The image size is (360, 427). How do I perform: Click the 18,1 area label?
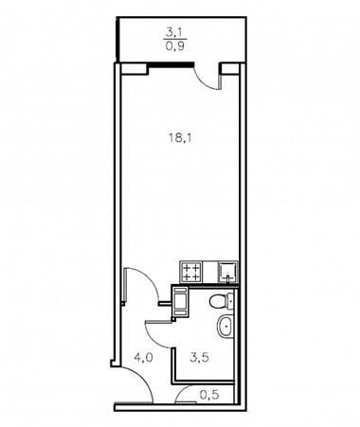[180, 138]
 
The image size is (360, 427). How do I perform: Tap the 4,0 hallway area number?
[143, 358]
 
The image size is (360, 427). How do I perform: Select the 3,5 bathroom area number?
[200, 358]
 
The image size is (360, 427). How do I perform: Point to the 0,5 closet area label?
[209, 395]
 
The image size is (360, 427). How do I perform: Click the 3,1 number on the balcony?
[175, 32]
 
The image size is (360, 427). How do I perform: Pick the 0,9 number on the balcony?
[175, 46]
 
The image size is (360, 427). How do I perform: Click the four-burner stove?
[191, 273]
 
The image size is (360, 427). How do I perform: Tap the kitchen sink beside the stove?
[227, 273]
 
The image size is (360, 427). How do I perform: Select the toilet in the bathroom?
[222, 301]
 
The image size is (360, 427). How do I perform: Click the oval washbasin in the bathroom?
[225, 326]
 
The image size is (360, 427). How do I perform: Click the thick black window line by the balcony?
[171, 65]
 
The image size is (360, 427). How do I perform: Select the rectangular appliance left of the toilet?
[180, 301]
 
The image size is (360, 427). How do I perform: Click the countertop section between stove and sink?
[210, 273]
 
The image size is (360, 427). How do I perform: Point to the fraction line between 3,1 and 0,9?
[175, 39]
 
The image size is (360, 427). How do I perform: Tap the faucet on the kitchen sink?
[227, 278]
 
